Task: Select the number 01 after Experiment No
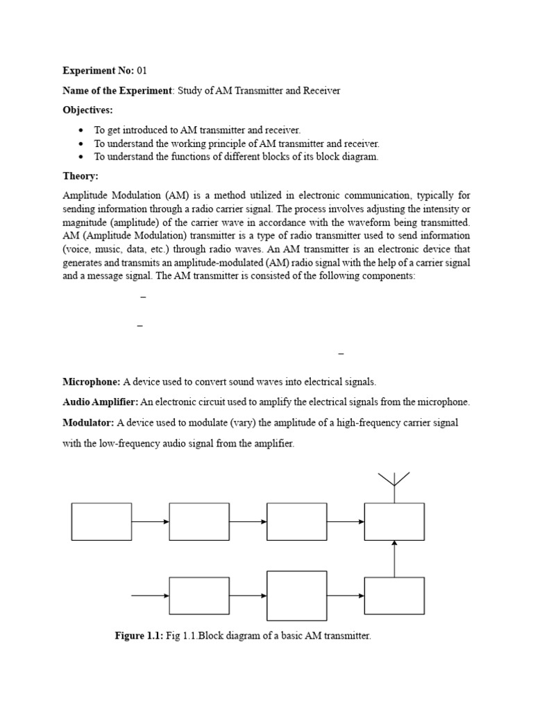142,71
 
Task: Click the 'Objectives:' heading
87,110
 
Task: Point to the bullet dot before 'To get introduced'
82,130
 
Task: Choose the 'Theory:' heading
81,176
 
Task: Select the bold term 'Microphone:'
92,381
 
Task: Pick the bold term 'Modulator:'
89,422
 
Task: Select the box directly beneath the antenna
394,521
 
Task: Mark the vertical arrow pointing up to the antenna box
394,558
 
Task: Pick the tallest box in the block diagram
297,596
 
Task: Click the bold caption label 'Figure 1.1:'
139,636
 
